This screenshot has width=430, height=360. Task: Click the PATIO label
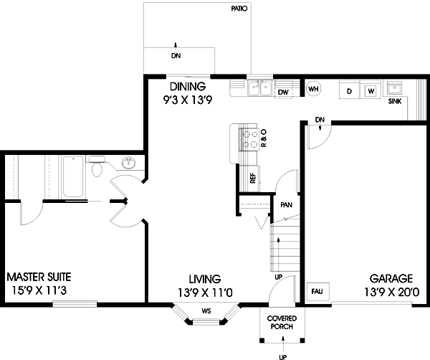239,9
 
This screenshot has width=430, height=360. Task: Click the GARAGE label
391,278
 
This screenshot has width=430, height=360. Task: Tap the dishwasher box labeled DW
283,91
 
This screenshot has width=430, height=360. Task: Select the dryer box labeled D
349,91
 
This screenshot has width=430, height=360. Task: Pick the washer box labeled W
370,91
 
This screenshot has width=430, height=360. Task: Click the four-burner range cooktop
251,138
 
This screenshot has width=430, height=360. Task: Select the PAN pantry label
286,204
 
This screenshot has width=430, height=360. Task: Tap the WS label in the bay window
206,311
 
